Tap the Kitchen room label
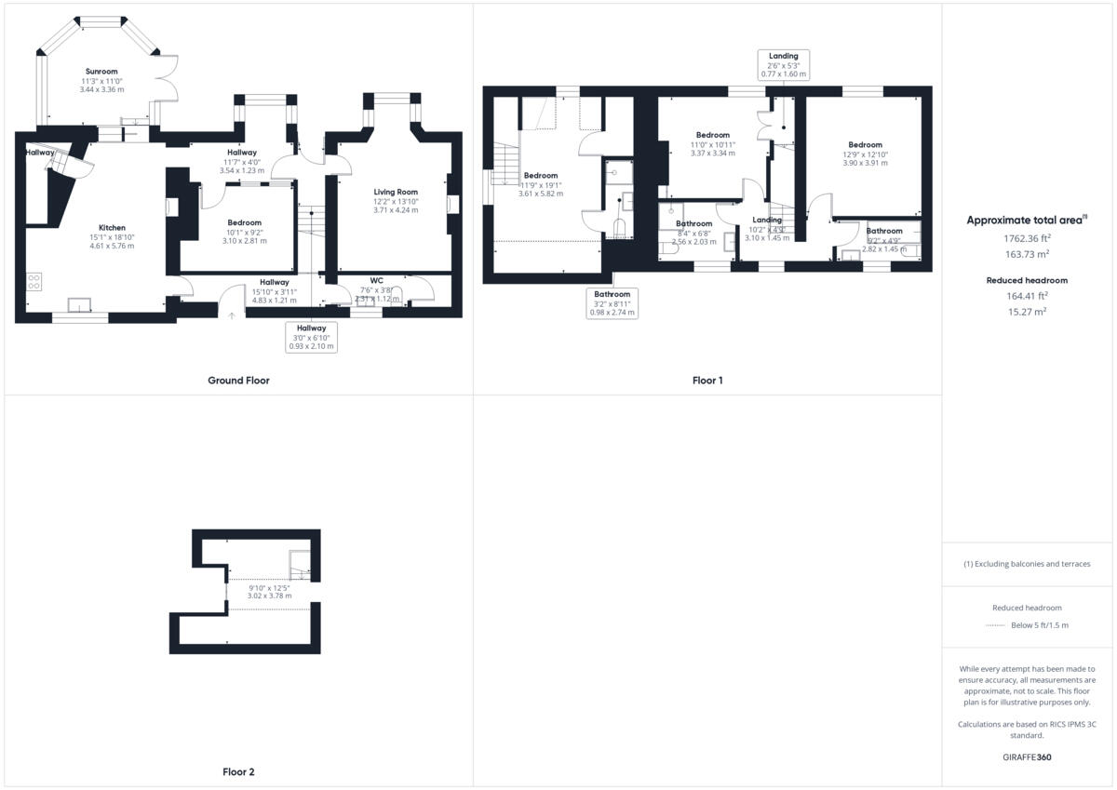pyautogui.click(x=112, y=228)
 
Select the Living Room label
pyautogui.click(x=396, y=192)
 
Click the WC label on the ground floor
pyautogui.click(x=376, y=280)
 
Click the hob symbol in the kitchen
pyautogui.click(x=34, y=280)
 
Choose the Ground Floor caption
pyautogui.click(x=238, y=381)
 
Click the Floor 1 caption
pyautogui.click(x=707, y=381)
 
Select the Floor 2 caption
pyautogui.click(x=238, y=772)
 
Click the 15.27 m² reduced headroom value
pyautogui.click(x=1028, y=312)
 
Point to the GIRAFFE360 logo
pyautogui.click(x=1028, y=757)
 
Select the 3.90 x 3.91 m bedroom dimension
pyautogui.click(x=865, y=163)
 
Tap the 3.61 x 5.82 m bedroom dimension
pyautogui.click(x=540, y=194)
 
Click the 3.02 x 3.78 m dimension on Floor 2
pyautogui.click(x=269, y=596)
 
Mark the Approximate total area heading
pyautogui.click(x=1026, y=221)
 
